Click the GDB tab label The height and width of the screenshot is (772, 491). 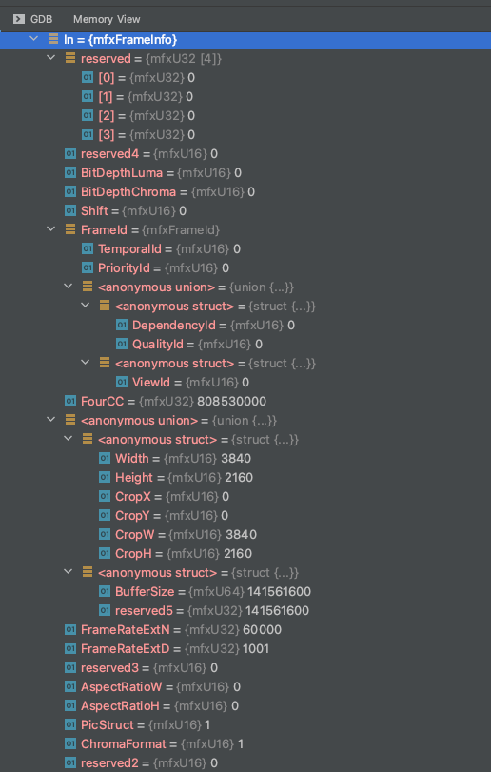(41, 19)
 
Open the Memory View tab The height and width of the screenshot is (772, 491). (107, 19)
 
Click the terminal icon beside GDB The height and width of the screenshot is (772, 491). (19, 19)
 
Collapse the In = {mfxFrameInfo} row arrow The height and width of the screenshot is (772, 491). (34, 38)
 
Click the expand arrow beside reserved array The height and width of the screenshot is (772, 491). (51, 58)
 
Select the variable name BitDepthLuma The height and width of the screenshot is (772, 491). (122, 173)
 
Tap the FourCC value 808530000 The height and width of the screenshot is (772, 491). (232, 402)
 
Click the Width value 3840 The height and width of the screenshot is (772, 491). (236, 459)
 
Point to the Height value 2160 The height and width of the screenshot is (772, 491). (239, 478)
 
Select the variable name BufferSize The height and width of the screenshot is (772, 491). (145, 592)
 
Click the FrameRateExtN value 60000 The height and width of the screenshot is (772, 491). (263, 630)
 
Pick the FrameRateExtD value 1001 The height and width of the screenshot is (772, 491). (256, 649)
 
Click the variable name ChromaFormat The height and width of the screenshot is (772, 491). (124, 744)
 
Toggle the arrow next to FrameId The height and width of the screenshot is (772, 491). (51, 229)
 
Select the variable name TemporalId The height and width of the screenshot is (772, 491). (129, 249)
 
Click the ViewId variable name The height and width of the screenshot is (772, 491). (151, 383)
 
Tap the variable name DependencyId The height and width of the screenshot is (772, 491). (174, 326)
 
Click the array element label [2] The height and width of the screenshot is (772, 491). (107, 116)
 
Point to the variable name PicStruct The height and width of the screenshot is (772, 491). (108, 724)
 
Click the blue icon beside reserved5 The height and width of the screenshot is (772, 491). (105, 610)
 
